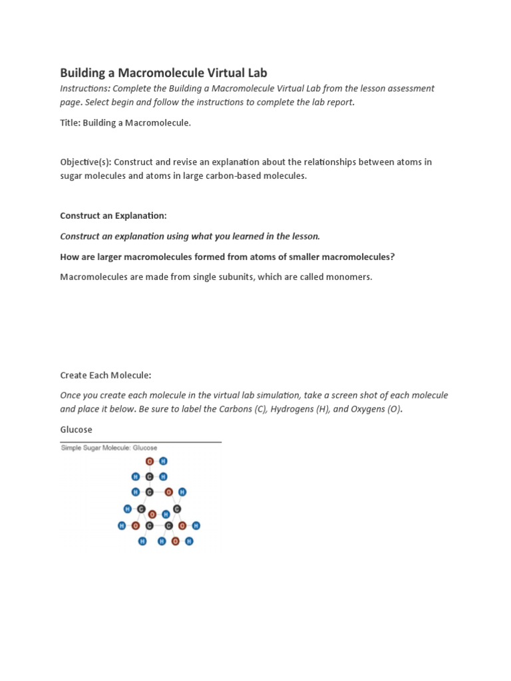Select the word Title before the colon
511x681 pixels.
(69, 123)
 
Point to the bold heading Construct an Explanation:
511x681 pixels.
(113, 215)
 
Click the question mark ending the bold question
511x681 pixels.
(393, 257)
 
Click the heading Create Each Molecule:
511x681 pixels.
(110, 375)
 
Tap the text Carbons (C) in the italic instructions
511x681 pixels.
(242, 409)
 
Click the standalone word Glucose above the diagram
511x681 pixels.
(77, 430)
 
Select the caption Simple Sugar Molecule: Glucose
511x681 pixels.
(109, 448)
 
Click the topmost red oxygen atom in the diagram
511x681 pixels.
(150, 461)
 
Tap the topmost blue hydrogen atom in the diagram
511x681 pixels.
(164, 461)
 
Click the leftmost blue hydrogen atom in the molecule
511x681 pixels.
(122, 526)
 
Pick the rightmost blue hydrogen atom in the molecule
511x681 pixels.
(196, 526)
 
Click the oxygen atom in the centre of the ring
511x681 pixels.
(152, 514)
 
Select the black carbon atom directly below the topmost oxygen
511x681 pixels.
(150, 477)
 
